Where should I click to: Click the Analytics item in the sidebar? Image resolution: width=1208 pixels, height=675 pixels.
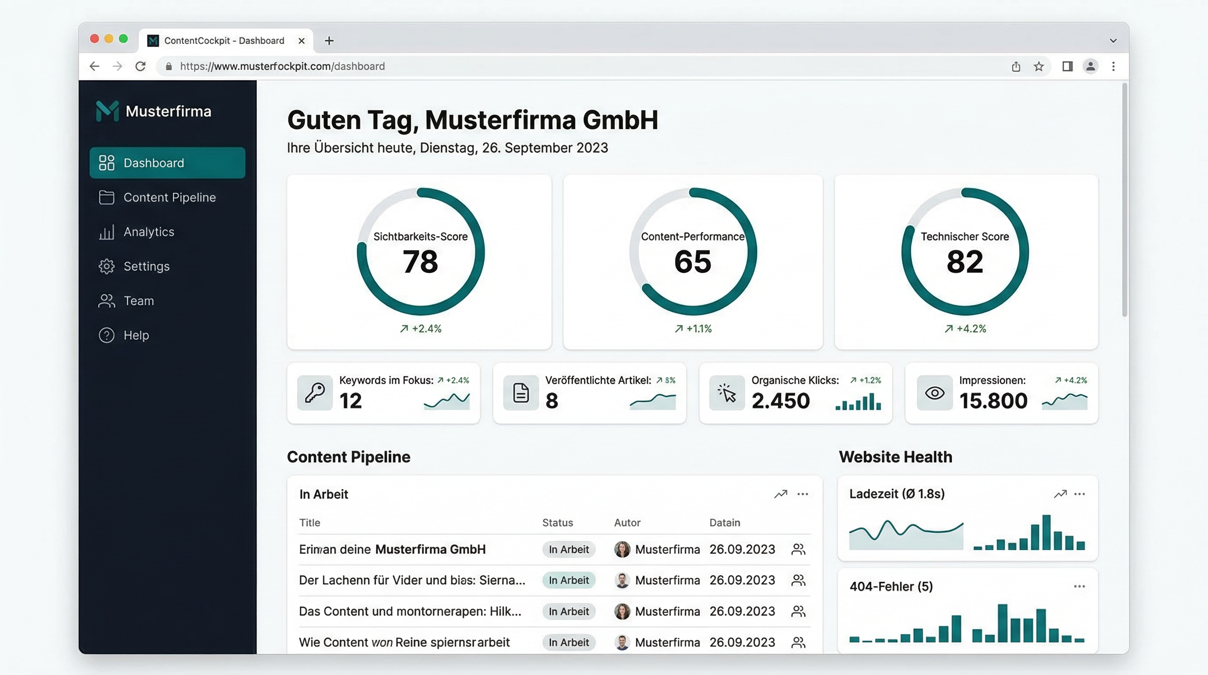point(148,232)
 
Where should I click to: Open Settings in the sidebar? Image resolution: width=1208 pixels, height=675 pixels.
point(146,266)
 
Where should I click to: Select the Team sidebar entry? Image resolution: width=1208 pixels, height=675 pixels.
point(138,301)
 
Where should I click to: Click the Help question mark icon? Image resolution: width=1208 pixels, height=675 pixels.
point(107,335)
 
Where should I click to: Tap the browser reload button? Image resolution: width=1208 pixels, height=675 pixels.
point(140,66)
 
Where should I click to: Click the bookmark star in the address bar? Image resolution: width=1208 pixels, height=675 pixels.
point(1039,66)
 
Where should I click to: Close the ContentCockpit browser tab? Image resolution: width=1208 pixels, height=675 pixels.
point(302,41)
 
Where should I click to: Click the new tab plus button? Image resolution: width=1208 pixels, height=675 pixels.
point(329,41)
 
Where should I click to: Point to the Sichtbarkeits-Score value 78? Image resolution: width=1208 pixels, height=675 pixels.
point(420,261)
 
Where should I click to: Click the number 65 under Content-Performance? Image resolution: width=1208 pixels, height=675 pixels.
point(693,261)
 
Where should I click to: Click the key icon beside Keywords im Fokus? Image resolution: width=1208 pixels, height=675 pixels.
point(315,393)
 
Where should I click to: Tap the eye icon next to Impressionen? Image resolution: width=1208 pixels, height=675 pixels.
point(934,393)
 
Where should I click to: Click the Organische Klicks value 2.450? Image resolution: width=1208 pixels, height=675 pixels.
point(780,400)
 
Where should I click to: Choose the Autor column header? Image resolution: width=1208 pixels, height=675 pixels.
point(627,523)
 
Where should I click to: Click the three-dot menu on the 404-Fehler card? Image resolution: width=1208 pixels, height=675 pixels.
point(1079,586)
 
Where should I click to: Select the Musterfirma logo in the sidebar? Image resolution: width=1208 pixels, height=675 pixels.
point(108,111)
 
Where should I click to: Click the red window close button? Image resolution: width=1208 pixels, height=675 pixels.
point(94,39)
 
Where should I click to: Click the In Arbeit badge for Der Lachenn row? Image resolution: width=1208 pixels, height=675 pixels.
point(568,580)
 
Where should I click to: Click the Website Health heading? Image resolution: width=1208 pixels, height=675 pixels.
point(895,457)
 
